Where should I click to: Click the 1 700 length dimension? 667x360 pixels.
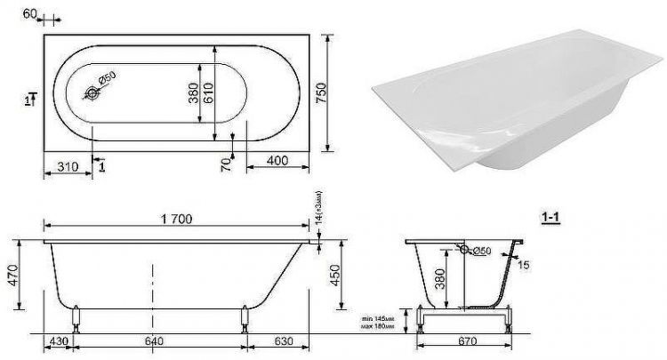click(176, 219)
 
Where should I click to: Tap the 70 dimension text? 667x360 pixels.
click(226, 163)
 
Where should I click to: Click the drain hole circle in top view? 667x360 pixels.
click(92, 92)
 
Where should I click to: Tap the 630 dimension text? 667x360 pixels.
click(282, 340)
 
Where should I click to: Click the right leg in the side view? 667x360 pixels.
click(243, 318)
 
